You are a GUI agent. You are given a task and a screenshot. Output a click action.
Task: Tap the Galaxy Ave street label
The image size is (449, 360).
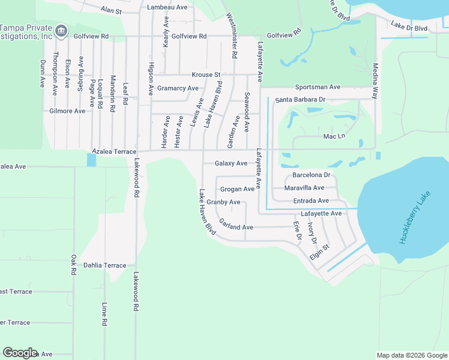pos(231,163)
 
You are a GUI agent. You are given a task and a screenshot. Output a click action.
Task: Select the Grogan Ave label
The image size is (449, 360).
pos(237,189)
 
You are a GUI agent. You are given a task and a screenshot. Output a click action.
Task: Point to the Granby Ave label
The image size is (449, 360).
pos(223,202)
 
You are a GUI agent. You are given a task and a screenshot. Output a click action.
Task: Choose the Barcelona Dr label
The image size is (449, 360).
pos(311,175)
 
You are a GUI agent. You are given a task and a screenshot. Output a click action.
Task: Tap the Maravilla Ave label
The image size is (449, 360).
pos(304,188)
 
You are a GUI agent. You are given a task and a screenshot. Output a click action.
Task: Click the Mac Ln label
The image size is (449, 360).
pos(334,136)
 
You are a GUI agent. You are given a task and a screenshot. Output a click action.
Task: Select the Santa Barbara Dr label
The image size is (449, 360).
pos(300,100)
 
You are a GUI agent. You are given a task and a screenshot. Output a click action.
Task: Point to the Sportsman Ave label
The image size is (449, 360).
pos(318,87)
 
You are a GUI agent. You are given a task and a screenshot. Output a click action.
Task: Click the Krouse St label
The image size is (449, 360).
pos(206,75)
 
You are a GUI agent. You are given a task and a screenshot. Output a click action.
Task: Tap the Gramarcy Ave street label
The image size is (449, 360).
pos(178,88)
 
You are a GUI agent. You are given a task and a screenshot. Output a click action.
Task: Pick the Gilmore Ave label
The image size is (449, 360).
pos(68,111)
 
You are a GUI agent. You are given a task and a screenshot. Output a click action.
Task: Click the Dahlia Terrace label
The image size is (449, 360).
pos(105,265)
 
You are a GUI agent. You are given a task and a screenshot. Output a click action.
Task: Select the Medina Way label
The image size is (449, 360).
pos(375,81)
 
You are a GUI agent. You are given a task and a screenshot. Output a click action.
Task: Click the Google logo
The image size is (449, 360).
pos(20,353)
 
